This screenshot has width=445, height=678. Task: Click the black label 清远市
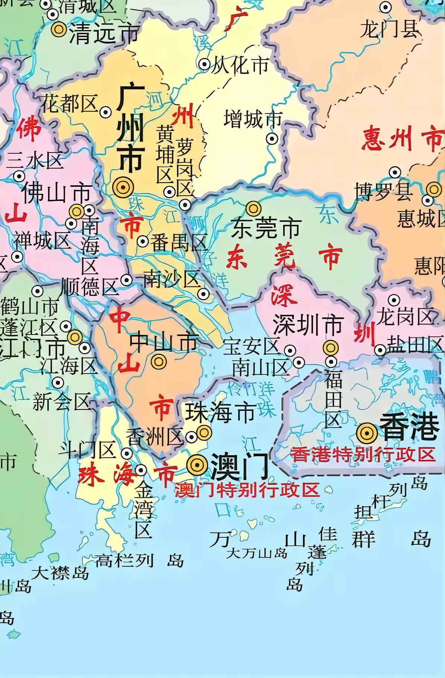coord(104,33)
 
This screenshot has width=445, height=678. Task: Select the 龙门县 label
coord(389,29)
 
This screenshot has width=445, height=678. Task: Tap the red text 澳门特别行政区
coord(247,490)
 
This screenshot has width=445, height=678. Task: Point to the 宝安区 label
coord(252,346)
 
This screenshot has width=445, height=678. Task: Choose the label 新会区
coord(61,402)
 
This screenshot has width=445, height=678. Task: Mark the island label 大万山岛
coord(257,553)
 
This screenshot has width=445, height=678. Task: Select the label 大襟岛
coord(60,573)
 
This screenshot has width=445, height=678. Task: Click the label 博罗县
coord(384,191)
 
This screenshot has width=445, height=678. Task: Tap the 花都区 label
coord(69,103)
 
